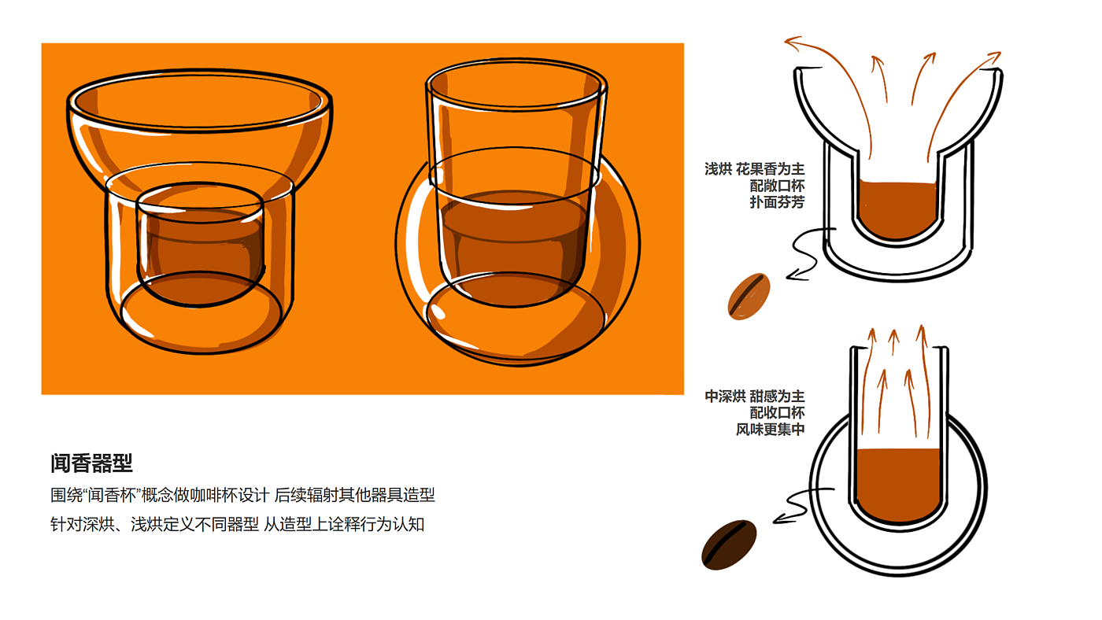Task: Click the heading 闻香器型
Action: [x=91, y=463]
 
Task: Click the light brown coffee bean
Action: [x=749, y=297]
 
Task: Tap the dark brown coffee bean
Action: [x=729, y=544]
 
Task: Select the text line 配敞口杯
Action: [x=778, y=186]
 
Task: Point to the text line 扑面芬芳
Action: [x=778, y=202]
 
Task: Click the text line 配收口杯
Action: [x=778, y=412]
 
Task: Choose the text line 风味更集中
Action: [x=771, y=430]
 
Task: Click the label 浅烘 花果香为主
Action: [x=755, y=169]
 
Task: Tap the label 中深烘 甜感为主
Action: [x=755, y=396]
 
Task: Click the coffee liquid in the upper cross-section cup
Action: [x=897, y=210]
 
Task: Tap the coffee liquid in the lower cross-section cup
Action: [x=898, y=485]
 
